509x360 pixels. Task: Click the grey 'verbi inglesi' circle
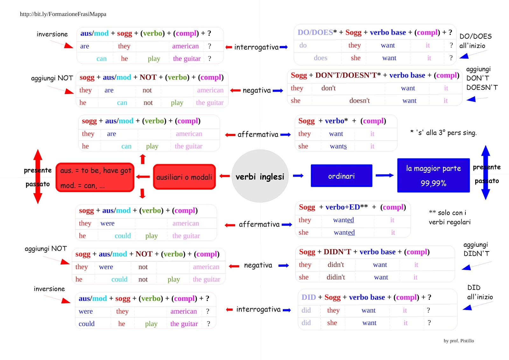260,176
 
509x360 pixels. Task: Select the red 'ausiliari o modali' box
184,177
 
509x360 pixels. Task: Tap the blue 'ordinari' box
341,176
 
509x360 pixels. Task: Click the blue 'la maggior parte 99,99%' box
433,175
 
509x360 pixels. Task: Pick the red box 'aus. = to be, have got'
95,177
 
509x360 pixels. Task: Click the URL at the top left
63,14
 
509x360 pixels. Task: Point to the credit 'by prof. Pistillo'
458,341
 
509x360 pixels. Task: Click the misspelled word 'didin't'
336,277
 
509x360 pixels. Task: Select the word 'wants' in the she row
338,146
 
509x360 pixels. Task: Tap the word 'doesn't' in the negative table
359,101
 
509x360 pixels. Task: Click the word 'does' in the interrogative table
320,58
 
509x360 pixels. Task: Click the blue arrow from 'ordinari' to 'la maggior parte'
385,175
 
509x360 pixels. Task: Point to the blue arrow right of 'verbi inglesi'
298,176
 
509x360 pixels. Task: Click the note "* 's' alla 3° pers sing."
443,133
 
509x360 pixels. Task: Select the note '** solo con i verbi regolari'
449,217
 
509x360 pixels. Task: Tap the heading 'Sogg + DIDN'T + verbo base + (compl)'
364,252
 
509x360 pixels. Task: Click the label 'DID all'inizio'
480,292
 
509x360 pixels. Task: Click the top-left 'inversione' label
52,34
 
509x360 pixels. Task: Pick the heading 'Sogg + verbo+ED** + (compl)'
352,207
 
